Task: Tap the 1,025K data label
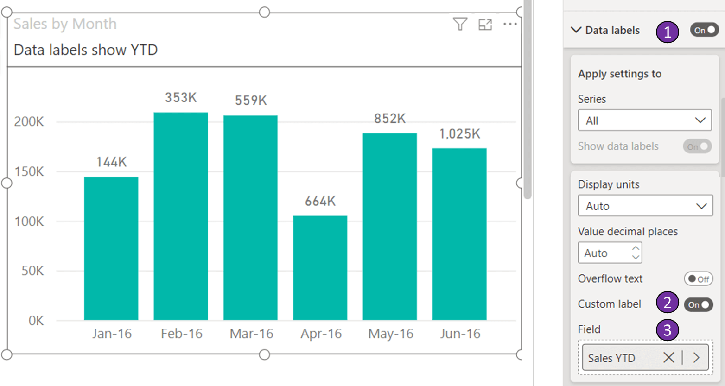(459, 134)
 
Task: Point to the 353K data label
(181, 98)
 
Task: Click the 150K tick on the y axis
(29, 171)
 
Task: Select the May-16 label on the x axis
(390, 334)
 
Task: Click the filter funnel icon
(460, 24)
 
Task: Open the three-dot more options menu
(510, 24)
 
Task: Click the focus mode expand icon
(485, 25)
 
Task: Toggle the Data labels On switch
(704, 30)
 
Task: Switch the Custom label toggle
(699, 304)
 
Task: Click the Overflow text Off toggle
(698, 279)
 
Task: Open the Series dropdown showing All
(644, 120)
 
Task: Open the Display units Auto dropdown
(645, 206)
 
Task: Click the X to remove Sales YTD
(668, 357)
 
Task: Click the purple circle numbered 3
(667, 330)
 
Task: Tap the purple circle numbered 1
(667, 32)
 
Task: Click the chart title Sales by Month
(65, 24)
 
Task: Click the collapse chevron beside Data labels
(576, 30)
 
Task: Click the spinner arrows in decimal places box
(636, 253)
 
